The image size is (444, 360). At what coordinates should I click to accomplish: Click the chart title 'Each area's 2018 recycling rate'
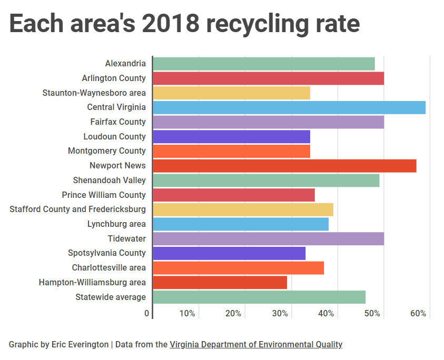[184, 24]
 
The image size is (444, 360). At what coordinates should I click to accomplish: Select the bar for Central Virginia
[289, 107]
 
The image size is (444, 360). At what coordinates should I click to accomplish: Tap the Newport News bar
[284, 166]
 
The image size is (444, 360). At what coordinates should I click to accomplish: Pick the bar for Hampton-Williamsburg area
[220, 283]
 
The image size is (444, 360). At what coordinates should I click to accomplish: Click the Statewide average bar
[259, 297]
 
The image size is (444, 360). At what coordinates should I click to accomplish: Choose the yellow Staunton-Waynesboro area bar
[231, 93]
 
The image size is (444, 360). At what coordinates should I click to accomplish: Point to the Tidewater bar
[268, 239]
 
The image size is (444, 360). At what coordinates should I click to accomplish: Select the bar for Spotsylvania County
[229, 253]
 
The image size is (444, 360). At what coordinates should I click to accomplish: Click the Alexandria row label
[125, 64]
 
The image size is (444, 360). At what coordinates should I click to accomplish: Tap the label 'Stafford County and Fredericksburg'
[77, 209]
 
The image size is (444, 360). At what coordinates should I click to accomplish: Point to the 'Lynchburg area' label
[116, 224]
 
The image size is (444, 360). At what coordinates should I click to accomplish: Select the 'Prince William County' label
[103, 195]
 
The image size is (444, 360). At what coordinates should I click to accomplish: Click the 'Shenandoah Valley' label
[109, 180]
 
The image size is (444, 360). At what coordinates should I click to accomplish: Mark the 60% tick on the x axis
[418, 314]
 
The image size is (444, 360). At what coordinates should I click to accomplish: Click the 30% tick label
[280, 314]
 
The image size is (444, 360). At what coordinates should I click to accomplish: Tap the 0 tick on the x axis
[147, 314]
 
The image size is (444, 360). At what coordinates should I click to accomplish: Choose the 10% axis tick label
[187, 314]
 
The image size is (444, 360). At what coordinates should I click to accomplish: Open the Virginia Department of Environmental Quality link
[256, 345]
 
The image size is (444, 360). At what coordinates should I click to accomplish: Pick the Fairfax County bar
[268, 122]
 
